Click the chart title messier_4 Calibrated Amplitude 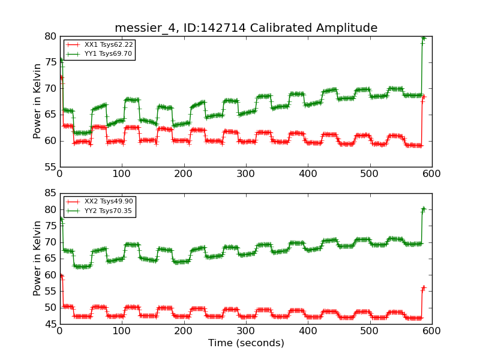[x=246, y=28]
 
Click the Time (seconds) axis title [x=246, y=343]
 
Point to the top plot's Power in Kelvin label [x=38, y=101]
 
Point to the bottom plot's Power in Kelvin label [x=38, y=258]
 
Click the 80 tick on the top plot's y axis [x=50, y=36]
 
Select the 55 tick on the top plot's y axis [x=50, y=167]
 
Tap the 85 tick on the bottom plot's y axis [x=50, y=193]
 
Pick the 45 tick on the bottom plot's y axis [x=50, y=324]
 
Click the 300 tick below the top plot [x=184, y=173]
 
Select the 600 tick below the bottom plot [x=431, y=331]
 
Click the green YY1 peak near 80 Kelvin [x=424, y=38]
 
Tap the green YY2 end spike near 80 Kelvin [x=424, y=209]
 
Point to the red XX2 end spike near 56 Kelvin [x=424, y=287]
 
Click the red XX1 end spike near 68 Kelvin [x=424, y=97]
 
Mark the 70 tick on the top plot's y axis [x=50, y=88]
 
